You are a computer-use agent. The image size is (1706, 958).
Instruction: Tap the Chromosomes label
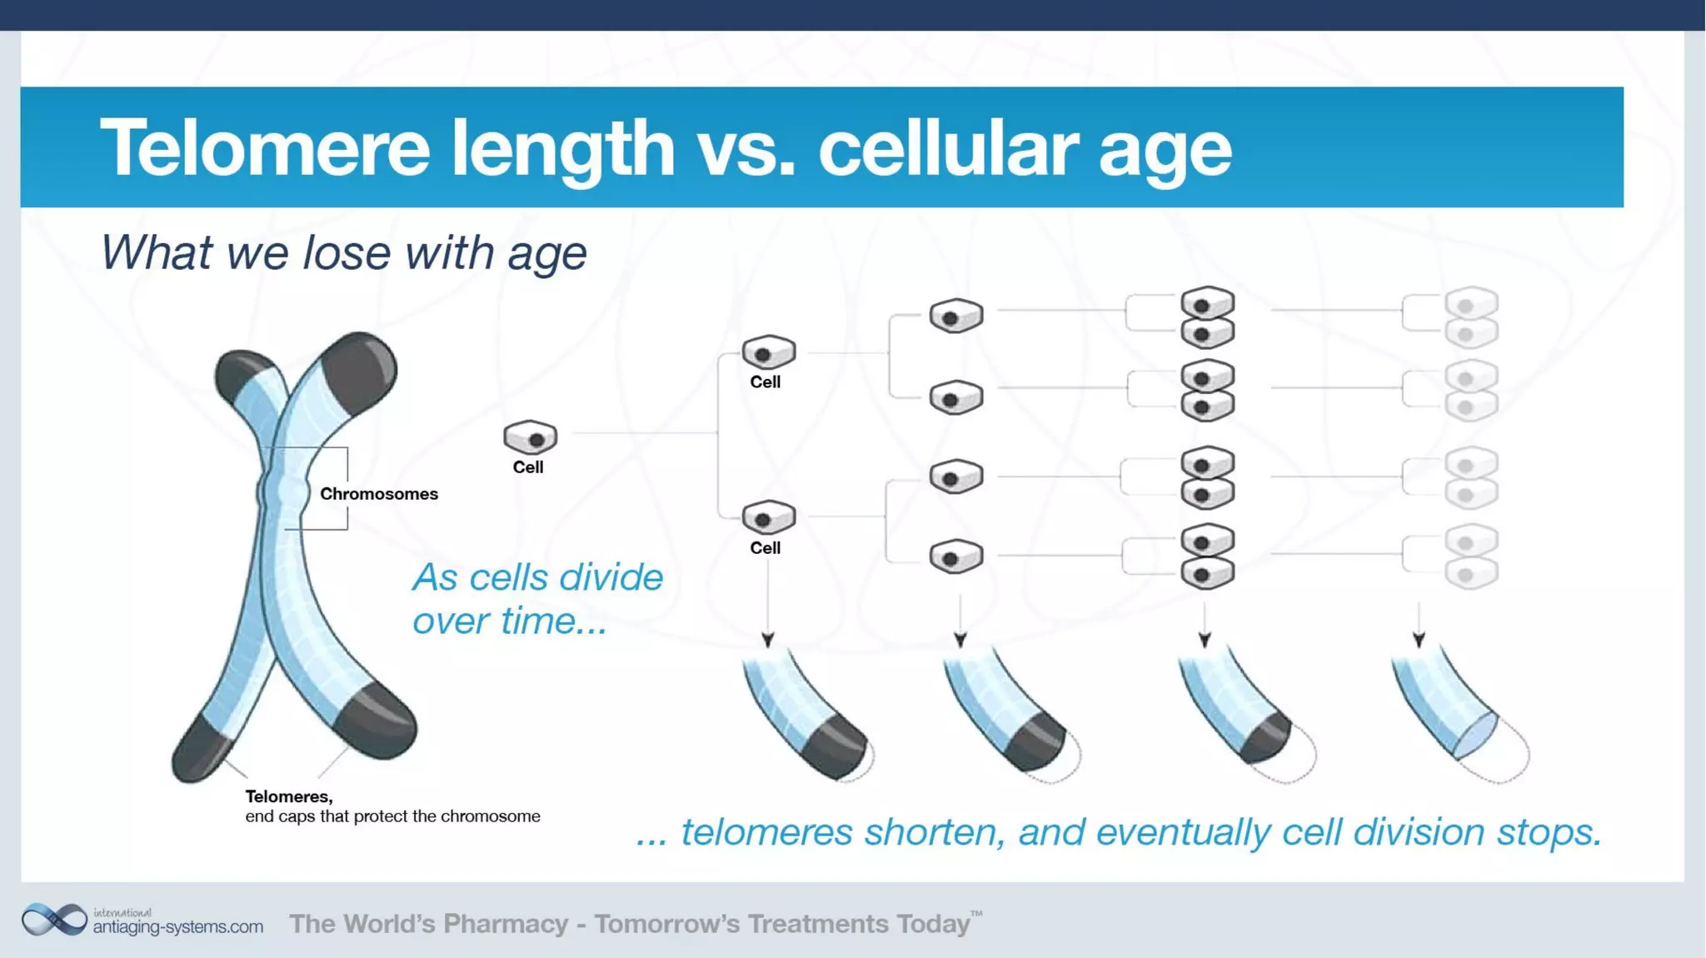click(x=378, y=494)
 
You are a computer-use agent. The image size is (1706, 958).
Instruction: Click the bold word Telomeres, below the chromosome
click(x=288, y=796)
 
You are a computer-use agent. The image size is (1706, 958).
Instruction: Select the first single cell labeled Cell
click(x=531, y=437)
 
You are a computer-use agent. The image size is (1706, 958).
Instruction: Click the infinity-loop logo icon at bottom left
click(x=54, y=920)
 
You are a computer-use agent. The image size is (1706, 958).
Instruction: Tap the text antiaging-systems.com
click(x=177, y=926)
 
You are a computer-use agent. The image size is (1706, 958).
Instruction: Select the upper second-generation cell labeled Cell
click(x=768, y=352)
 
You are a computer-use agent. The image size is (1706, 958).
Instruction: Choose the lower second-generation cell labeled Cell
click(x=768, y=517)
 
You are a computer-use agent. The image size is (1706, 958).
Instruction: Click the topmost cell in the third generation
click(x=955, y=316)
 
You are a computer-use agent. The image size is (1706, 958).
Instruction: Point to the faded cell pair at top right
click(x=1471, y=317)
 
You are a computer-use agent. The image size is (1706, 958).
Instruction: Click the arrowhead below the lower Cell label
click(x=768, y=640)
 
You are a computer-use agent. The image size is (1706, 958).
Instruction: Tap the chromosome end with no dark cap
click(x=1476, y=735)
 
